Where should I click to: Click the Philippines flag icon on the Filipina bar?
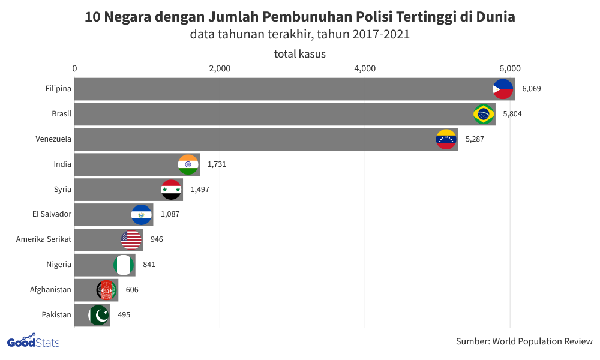click(x=503, y=89)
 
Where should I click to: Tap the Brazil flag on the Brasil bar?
click(x=484, y=114)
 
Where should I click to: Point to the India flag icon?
click(x=188, y=164)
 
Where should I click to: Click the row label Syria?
click(x=62, y=190)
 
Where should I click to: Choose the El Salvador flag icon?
click(x=142, y=215)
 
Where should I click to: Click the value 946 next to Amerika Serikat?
click(x=157, y=239)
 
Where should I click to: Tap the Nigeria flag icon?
click(x=124, y=265)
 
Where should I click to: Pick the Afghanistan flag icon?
click(x=107, y=290)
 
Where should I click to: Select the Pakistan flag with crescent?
click(x=99, y=315)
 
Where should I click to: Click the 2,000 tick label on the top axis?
click(x=220, y=68)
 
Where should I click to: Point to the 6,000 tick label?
click(x=510, y=68)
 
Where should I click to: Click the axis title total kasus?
click(x=299, y=54)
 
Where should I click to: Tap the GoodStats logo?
click(x=33, y=342)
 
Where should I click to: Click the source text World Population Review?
click(x=542, y=341)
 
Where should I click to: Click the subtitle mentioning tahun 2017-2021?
click(x=299, y=34)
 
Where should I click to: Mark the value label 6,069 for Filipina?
click(x=532, y=89)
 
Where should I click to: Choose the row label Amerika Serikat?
click(x=44, y=239)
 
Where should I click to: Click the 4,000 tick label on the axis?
click(x=365, y=68)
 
